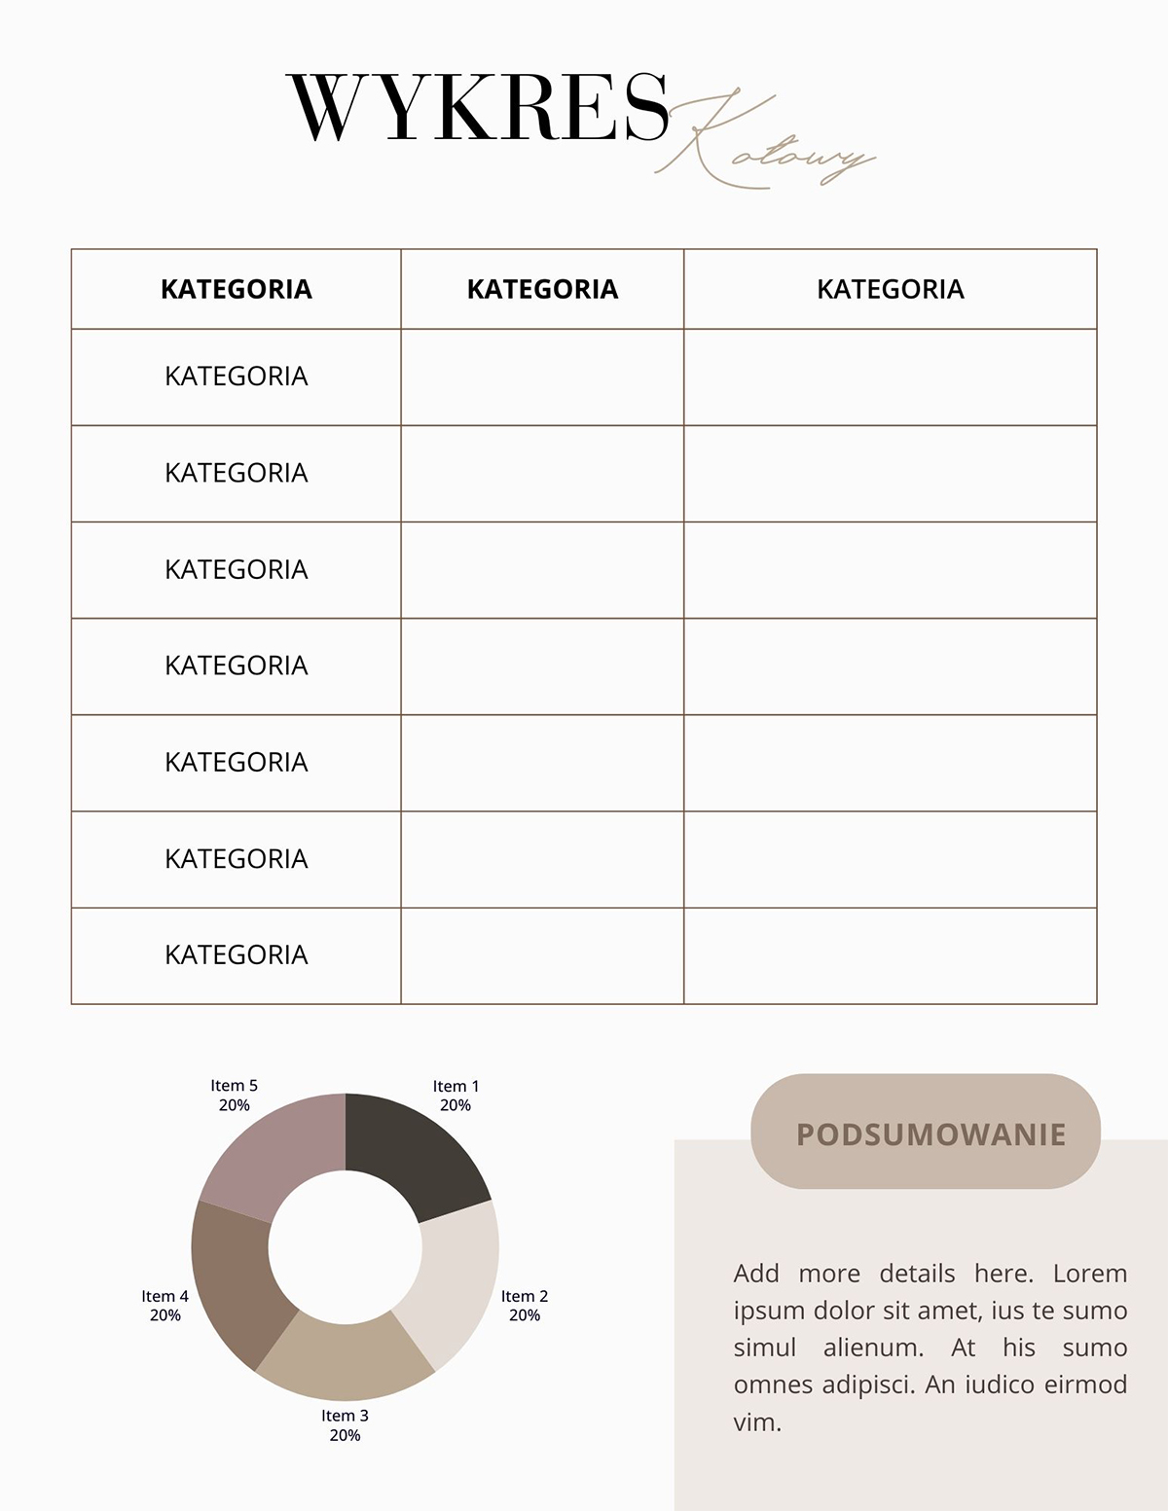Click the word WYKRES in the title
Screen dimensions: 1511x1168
click(478, 108)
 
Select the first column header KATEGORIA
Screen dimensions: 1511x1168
click(236, 289)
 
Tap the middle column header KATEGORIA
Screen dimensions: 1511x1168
click(542, 289)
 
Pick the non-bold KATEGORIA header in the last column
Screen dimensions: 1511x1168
click(890, 289)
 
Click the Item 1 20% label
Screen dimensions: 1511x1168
click(456, 1096)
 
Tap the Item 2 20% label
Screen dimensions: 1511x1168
click(525, 1306)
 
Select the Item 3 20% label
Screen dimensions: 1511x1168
click(345, 1425)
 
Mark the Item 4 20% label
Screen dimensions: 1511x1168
click(164, 1306)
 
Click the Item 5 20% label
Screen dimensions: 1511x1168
click(234, 1096)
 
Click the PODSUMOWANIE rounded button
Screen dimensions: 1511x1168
click(926, 1132)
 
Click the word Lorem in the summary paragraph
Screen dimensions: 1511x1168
click(1089, 1274)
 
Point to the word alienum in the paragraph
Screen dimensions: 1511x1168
click(873, 1348)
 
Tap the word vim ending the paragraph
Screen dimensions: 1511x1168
click(755, 1422)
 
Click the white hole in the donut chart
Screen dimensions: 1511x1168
click(346, 1247)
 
